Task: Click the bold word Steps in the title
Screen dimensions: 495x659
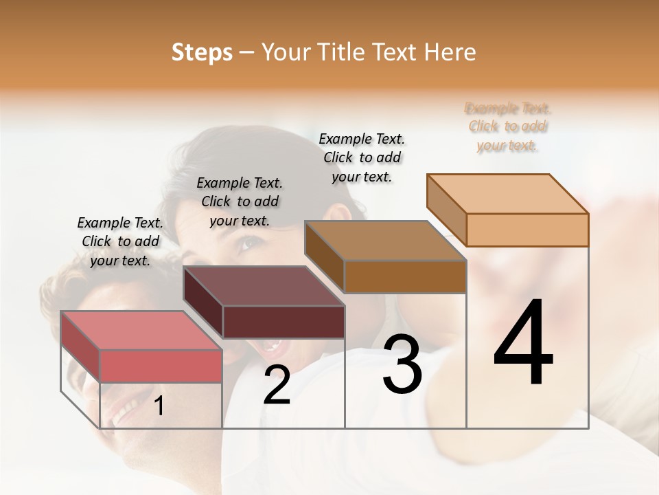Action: tap(201, 52)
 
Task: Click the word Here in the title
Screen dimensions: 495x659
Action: tap(450, 52)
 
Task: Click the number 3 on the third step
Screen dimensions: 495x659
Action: tap(402, 364)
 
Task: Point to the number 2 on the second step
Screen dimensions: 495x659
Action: tap(277, 385)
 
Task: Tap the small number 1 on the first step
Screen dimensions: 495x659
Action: tap(159, 406)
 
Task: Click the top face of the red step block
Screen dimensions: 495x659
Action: tap(141, 330)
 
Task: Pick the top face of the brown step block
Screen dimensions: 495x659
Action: tap(385, 241)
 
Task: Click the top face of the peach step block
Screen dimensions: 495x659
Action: tap(507, 194)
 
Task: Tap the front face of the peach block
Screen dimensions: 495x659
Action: tap(527, 230)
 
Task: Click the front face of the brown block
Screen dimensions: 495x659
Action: tap(405, 277)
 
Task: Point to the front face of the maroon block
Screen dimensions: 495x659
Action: tap(284, 322)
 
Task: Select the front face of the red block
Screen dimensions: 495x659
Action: tap(161, 366)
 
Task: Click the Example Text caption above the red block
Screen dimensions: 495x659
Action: tap(120, 241)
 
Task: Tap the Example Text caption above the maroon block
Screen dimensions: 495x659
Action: tap(240, 201)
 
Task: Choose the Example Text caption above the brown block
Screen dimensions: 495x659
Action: tap(362, 157)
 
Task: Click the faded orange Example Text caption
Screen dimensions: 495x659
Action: tap(508, 126)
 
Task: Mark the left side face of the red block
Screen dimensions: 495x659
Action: tap(80, 346)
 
